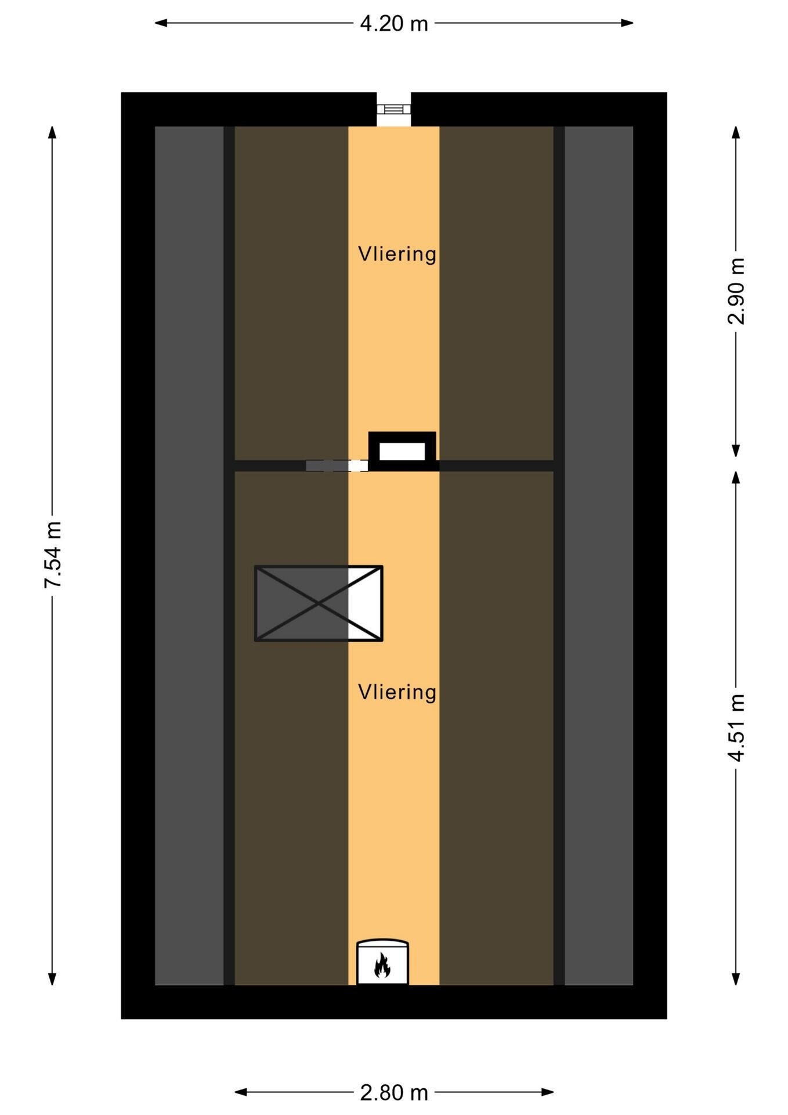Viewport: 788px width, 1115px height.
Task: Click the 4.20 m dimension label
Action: click(x=394, y=23)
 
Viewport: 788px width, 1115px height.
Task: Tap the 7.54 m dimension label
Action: click(x=53, y=555)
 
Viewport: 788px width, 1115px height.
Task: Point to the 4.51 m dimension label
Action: click(x=736, y=728)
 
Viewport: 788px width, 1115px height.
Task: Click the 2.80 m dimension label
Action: click(x=394, y=1092)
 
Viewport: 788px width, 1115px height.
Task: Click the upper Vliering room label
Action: click(x=397, y=254)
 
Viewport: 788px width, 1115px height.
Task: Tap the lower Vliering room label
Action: click(x=397, y=692)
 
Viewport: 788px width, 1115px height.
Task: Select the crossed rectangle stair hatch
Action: click(x=319, y=603)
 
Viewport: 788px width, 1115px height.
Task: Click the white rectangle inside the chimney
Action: click(x=402, y=451)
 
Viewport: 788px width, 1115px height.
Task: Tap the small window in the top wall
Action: click(x=394, y=109)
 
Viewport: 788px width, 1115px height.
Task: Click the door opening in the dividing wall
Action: click(x=337, y=466)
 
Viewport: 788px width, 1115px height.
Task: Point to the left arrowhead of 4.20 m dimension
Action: click(x=161, y=23)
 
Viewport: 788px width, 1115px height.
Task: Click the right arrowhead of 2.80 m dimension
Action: click(x=547, y=1092)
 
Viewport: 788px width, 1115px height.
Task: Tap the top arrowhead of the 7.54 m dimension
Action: click(x=53, y=132)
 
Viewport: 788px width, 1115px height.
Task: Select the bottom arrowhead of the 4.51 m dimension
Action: click(x=736, y=979)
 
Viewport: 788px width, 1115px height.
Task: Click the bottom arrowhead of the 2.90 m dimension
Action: click(x=736, y=451)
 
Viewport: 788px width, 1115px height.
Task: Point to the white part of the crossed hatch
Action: click(x=365, y=603)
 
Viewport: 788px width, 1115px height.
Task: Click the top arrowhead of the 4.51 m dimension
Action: click(x=736, y=477)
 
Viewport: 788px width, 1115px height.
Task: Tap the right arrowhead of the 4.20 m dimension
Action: click(x=627, y=23)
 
